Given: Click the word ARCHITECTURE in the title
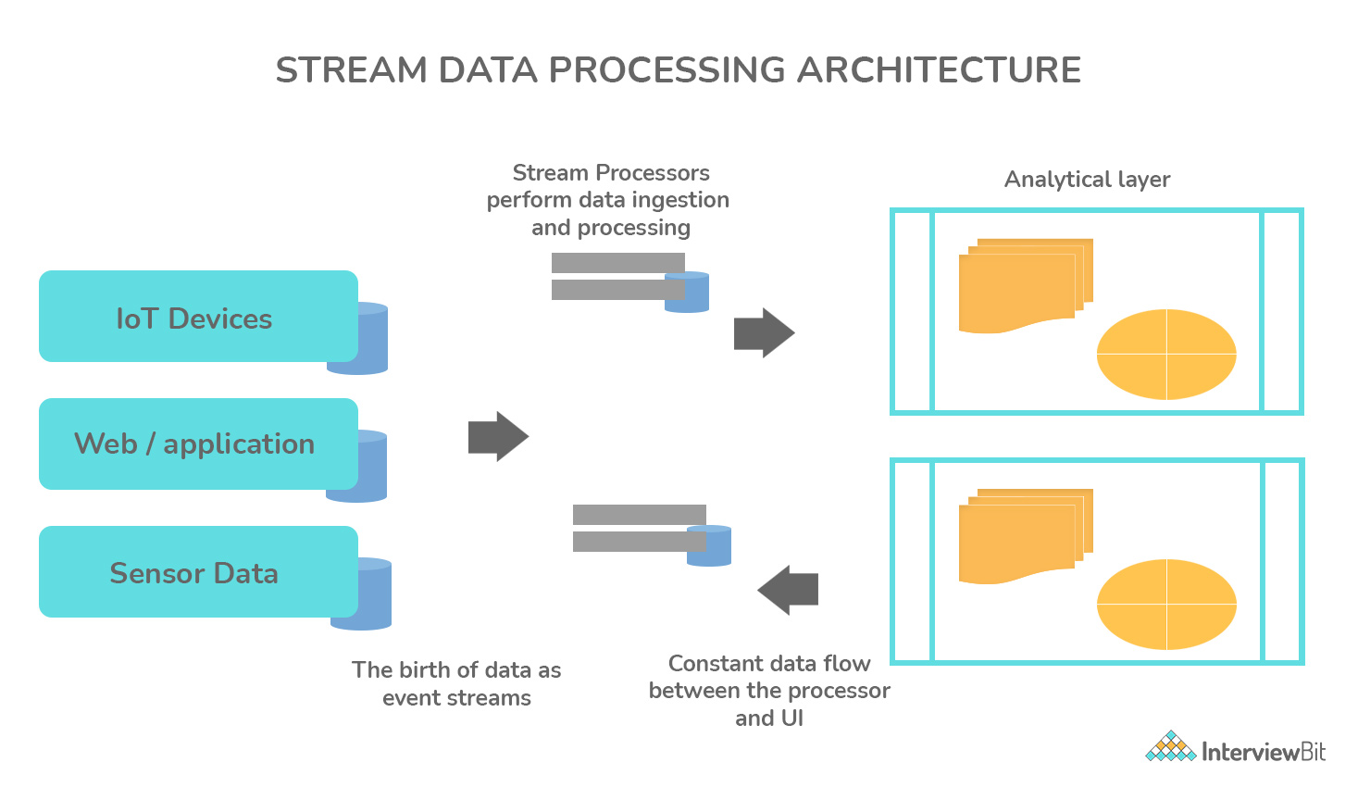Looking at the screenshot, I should point(939,70).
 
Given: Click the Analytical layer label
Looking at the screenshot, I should point(1087,180).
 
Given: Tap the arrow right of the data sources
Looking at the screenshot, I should point(498,436).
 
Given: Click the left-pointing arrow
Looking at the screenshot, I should point(788,590).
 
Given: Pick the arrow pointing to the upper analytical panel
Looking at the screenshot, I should point(764,332).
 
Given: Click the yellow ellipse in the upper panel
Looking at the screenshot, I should point(1166,355).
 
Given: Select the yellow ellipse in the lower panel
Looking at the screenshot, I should point(1166,605).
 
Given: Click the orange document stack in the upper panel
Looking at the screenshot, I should point(1023,284).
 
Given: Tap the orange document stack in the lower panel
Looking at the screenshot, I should point(1023,534).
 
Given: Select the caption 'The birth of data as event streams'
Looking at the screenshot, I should point(456,683).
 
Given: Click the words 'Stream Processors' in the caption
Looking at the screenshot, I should point(611,173).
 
